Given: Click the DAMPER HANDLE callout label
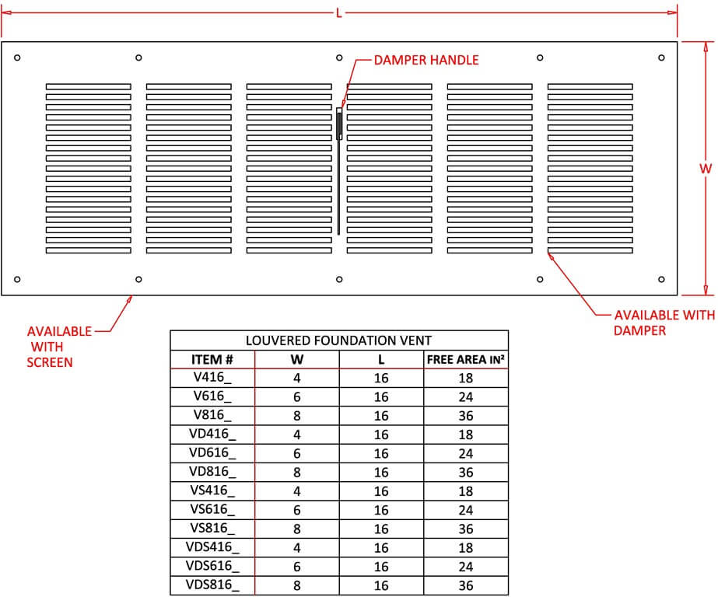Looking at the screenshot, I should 426,60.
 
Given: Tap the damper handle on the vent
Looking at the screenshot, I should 340,124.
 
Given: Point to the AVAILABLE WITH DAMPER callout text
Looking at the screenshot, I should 664,323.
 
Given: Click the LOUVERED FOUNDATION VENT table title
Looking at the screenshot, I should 338,340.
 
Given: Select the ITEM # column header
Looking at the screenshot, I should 212,359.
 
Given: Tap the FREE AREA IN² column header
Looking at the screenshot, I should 466,359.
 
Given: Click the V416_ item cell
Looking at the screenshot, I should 212,378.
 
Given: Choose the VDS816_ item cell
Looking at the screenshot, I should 212,585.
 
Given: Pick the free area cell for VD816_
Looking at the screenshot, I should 466,473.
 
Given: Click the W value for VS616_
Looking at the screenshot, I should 296,510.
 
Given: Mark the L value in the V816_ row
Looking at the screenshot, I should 381,416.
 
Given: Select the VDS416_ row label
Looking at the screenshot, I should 212,548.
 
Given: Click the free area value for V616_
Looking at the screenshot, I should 466,397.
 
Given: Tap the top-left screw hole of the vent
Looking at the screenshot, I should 18,57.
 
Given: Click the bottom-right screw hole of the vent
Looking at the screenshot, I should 661,279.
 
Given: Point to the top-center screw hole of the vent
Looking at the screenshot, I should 339,57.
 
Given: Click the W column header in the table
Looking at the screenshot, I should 296,359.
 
